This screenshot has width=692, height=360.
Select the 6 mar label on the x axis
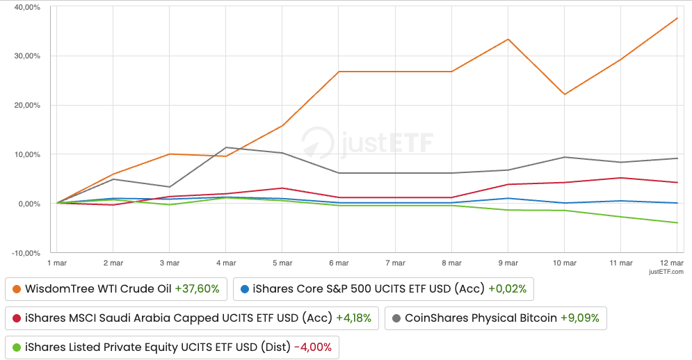(x=339, y=263)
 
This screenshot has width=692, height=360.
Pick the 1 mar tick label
(x=57, y=263)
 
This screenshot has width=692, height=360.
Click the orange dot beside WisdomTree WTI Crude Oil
(x=16, y=288)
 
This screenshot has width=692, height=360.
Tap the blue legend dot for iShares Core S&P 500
(x=244, y=288)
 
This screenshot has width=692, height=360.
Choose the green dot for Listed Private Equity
(x=16, y=347)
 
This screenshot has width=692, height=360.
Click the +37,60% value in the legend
(x=197, y=288)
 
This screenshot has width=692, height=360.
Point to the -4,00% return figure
(x=313, y=347)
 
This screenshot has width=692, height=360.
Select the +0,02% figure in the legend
(x=508, y=288)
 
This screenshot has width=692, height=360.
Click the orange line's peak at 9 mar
(x=508, y=39)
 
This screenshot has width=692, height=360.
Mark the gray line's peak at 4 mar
(x=225, y=147)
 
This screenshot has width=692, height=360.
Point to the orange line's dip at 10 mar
(x=565, y=94)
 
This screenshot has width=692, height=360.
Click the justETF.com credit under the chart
(x=666, y=272)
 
